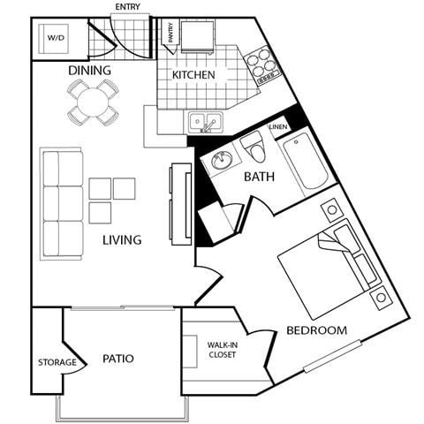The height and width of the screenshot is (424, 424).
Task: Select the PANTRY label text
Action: click(x=170, y=33)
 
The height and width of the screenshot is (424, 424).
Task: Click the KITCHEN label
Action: click(x=193, y=75)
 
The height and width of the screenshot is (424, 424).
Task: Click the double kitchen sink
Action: click(x=205, y=123)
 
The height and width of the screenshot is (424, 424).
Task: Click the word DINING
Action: click(x=90, y=71)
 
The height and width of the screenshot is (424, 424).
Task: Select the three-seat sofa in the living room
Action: click(x=61, y=204)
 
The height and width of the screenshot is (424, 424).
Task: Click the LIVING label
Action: click(x=122, y=239)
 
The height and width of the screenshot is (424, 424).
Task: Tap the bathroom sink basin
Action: click(x=218, y=160)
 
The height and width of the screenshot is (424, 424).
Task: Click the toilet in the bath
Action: click(x=254, y=143)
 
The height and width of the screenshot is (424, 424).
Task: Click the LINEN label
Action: click(x=278, y=126)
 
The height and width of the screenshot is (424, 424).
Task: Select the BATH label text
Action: click(x=260, y=177)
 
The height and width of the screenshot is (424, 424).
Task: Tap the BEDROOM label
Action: click(x=316, y=330)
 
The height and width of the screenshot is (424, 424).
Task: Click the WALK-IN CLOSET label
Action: click(x=223, y=351)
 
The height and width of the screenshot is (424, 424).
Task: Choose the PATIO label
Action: click(x=117, y=359)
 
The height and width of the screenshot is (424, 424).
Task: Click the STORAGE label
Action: click(x=56, y=362)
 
